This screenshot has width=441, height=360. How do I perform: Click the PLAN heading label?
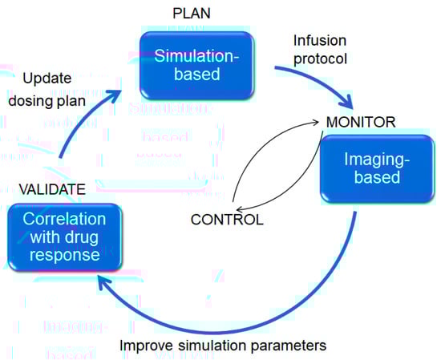pos(192,14)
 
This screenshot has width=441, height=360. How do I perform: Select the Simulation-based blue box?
pos(197,65)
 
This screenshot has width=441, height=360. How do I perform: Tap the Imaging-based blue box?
pos(377,168)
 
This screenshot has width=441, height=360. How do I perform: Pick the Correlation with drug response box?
pos(65,237)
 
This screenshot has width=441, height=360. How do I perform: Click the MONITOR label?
pos(361,122)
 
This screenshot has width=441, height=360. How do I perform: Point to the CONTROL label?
pos(227,220)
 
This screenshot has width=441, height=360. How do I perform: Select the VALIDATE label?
pos(52,189)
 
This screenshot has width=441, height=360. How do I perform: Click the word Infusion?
pos(320,41)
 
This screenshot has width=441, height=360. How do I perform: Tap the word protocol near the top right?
pos(320,59)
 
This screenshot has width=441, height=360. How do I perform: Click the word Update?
pos(47,79)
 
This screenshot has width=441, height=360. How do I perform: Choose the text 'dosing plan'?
pos(47,101)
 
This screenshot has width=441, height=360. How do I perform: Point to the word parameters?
pos(289,346)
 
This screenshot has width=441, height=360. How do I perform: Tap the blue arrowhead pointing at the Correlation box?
pos(105,282)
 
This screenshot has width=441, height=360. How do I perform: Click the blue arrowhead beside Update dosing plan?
pos(114,95)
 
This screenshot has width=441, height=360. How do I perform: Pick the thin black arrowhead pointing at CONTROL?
pos(241,209)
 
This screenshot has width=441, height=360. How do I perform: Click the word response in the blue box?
pos(65,255)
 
